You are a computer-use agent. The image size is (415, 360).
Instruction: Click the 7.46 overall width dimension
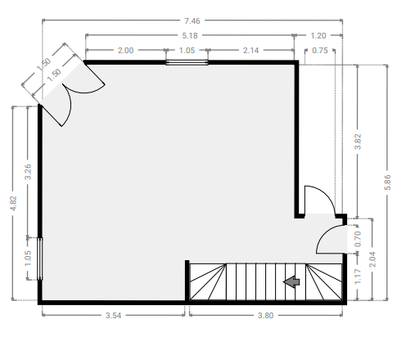[192, 21]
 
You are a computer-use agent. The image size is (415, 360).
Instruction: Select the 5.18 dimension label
[190, 36]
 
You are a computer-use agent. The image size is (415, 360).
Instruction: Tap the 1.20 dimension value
[318, 36]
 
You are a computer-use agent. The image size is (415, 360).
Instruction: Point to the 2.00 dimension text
[125, 51]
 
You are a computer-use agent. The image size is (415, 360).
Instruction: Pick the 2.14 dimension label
[250, 51]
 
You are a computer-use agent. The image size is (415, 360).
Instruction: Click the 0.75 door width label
[320, 51]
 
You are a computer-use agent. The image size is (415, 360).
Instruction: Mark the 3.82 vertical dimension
[358, 142]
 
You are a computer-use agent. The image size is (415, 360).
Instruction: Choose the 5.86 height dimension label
[387, 182]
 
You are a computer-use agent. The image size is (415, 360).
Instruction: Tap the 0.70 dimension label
[358, 239]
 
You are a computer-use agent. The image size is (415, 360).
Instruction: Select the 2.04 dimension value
[372, 259]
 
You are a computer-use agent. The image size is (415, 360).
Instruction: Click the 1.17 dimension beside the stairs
[358, 277]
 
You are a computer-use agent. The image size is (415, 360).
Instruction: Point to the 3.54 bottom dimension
[113, 316]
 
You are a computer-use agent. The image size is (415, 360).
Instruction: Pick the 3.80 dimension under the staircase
[265, 316]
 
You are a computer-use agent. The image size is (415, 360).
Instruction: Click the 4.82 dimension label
[13, 203]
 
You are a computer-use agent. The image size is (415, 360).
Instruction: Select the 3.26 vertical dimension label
[28, 172]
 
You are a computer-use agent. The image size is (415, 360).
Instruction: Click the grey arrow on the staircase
[291, 281]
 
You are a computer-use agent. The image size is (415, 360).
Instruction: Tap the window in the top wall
[187, 63]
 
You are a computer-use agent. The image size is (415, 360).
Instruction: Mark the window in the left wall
[40, 259]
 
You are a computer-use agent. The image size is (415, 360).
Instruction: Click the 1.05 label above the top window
[187, 51]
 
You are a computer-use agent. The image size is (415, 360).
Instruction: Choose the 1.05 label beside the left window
[28, 259]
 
